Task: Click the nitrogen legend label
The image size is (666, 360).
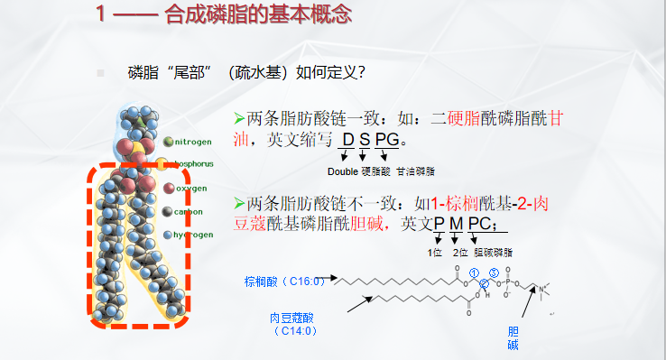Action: pos(193,142)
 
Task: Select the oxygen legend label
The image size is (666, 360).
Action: pos(191,189)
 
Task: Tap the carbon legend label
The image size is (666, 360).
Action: pos(190,212)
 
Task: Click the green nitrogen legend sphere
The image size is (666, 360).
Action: pos(169,142)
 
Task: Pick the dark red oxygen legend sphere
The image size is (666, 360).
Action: pos(169,189)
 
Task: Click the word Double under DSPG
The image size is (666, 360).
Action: pos(342,171)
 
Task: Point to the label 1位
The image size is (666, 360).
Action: pos(435,252)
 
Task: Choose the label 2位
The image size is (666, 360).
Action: pos(459,252)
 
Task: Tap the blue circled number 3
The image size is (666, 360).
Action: pos(494,272)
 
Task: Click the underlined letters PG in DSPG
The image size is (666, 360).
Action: pos(386,140)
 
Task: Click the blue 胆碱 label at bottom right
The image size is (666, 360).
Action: pos(513,337)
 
